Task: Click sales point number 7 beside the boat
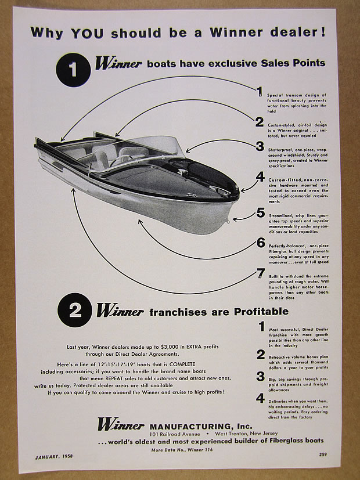(x=261, y=272)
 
